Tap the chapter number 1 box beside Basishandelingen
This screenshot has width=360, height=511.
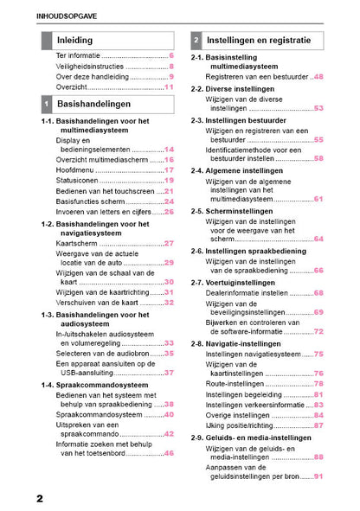[46, 104]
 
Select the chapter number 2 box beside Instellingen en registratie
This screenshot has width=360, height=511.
[197, 40]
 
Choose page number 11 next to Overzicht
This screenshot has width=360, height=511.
[170, 87]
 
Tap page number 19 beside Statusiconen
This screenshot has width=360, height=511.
[170, 181]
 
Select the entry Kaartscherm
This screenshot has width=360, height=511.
[80, 244]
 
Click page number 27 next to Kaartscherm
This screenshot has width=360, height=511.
[170, 244]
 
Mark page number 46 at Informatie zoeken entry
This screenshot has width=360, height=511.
[170, 453]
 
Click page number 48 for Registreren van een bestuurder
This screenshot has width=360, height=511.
[318, 76]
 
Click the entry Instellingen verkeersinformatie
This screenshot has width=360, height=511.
[258, 404]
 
